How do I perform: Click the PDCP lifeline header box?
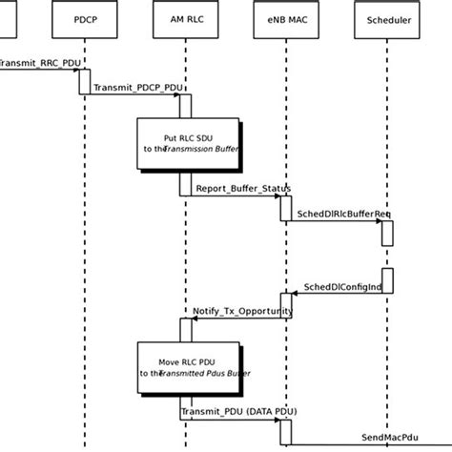click(85, 18)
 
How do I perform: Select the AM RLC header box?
click(185, 18)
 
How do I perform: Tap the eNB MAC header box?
click(285, 18)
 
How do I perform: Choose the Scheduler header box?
click(386, 18)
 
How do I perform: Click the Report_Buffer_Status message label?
click(236, 188)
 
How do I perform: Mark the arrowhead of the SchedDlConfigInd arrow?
click(296, 294)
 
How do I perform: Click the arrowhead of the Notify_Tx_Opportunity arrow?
click(195, 318)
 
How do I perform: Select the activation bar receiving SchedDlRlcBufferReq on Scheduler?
click(387, 234)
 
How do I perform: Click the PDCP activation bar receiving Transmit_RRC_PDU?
click(85, 82)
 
